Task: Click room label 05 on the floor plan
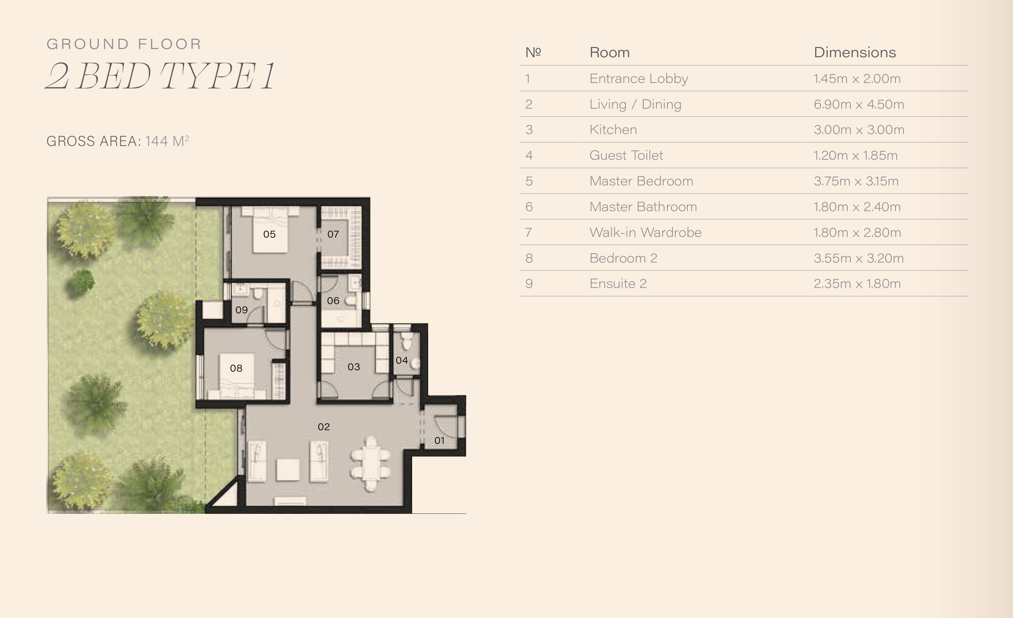(269, 234)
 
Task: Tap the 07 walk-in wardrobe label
(333, 234)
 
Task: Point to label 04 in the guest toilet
(402, 360)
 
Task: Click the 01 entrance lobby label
(439, 440)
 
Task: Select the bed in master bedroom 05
(270, 229)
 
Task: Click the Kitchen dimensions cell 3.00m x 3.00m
(859, 130)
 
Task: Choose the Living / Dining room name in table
(635, 104)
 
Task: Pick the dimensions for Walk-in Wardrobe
(857, 233)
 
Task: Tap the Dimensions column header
(855, 52)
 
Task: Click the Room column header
(609, 52)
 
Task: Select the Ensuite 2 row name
(618, 283)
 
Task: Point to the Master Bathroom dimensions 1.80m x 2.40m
(857, 207)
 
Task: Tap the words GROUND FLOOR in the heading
(124, 44)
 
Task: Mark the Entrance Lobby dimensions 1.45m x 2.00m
(857, 78)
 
